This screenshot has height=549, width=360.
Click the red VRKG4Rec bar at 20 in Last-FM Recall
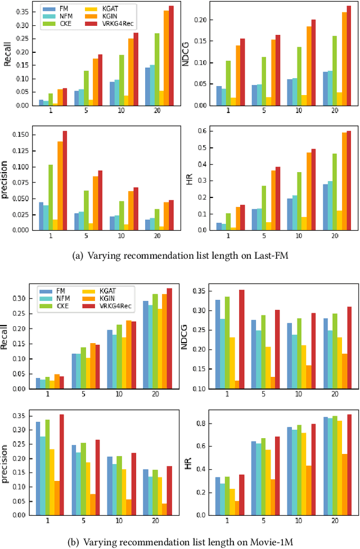coord(171,56)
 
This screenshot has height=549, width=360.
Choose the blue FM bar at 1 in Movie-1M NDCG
coord(218,344)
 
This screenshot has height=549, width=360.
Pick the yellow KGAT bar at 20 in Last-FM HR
coord(339,220)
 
